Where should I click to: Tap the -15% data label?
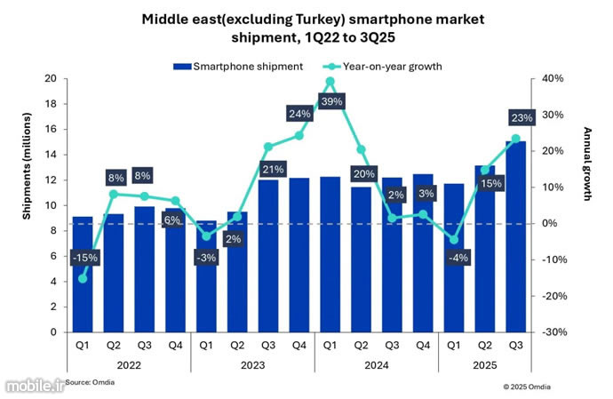click(85, 258)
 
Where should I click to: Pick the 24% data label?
click(299, 114)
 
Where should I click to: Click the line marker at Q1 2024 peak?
click(330, 82)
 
